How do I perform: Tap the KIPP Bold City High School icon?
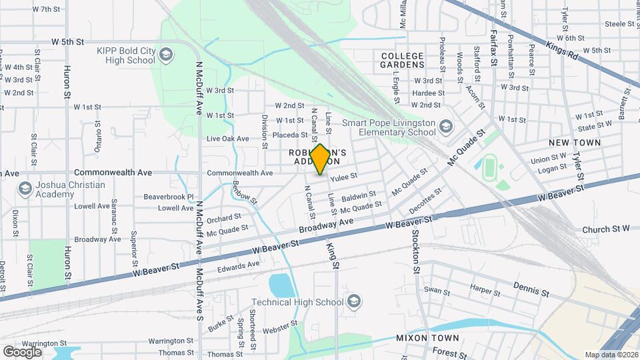point(166,55)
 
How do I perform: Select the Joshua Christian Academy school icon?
point(25,189)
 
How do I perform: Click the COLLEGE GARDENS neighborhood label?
point(402,60)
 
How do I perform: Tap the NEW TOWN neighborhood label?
point(574,143)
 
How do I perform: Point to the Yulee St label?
point(345,176)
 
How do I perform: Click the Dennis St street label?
point(531,289)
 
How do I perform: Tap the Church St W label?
point(605,229)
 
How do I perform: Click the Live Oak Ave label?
point(227,139)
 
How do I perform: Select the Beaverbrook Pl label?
point(168,197)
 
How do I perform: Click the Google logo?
point(22,351)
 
